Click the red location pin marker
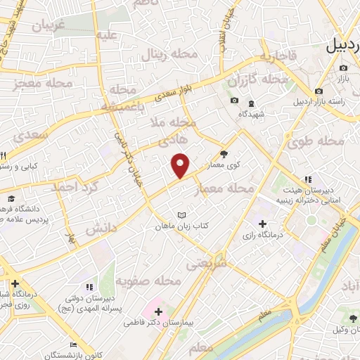coord(181,165)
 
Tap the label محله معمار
coord(231,188)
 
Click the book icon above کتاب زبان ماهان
coord(182,214)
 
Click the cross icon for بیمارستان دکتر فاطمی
coord(159,311)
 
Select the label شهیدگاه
coord(251,113)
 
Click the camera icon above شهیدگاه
coord(234,101)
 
